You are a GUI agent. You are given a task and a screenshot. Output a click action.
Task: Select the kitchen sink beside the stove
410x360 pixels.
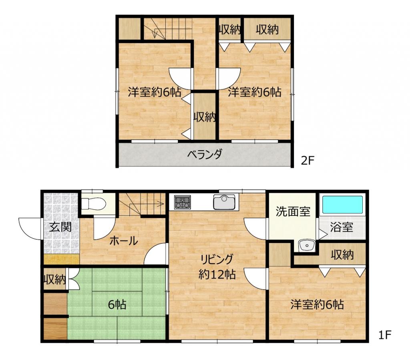[x=224, y=202]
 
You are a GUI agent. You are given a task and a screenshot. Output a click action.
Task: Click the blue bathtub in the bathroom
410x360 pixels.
[x=343, y=205]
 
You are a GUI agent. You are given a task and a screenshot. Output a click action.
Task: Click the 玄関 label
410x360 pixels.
[x=61, y=227]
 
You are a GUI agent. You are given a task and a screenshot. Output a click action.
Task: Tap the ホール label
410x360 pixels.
[x=124, y=241]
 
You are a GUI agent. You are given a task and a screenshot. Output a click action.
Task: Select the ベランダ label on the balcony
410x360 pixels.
[x=205, y=154]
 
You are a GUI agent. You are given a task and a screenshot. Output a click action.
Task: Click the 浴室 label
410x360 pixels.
[x=342, y=227]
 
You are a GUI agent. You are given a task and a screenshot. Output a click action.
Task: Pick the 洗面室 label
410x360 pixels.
[x=293, y=211]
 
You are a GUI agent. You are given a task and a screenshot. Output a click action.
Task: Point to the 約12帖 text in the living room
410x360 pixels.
[x=217, y=274]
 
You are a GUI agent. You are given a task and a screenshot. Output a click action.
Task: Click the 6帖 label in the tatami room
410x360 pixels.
[x=117, y=305]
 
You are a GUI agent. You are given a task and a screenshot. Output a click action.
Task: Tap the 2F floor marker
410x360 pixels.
[x=307, y=160]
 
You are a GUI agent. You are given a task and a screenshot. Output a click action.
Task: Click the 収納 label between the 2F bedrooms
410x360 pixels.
[x=205, y=117]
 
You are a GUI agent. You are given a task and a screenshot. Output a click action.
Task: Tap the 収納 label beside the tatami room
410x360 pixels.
[x=54, y=280]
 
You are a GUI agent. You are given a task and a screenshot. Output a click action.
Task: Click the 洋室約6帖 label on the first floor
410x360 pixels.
[x=317, y=305]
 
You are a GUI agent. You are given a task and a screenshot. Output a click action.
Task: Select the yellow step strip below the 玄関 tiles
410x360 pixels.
[x=61, y=259]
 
